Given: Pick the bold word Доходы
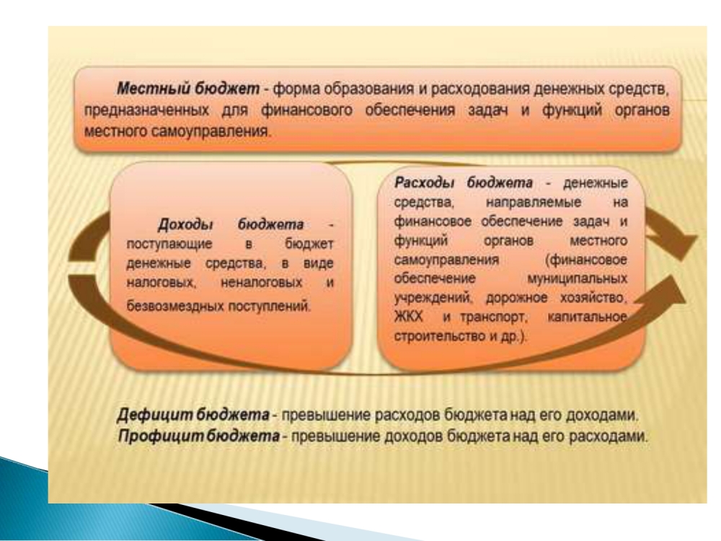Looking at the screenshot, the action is (185, 224).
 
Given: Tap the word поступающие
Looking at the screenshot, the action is (169, 245).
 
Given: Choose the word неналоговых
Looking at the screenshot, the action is (261, 282).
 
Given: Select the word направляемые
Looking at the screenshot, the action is (534, 203).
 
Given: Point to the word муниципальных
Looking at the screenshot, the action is (577, 278).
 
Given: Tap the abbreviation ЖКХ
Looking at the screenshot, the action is (408, 317).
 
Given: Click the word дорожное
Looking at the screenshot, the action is (517, 298).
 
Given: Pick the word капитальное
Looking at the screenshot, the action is (588, 317).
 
